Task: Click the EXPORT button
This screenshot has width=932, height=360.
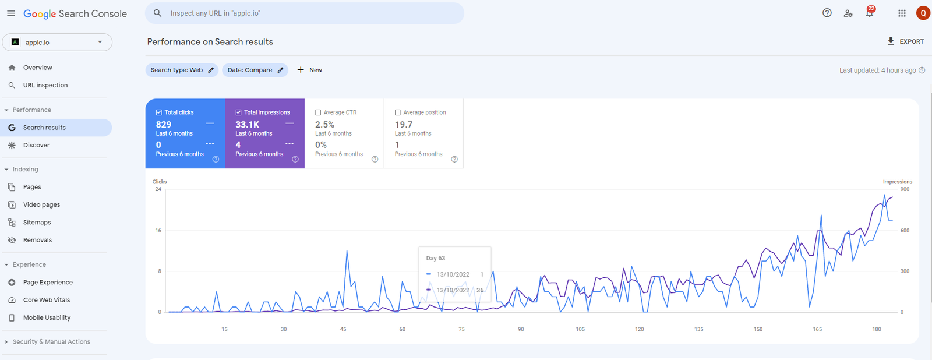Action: click(x=905, y=41)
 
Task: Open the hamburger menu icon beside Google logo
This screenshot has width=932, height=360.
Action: click(x=11, y=13)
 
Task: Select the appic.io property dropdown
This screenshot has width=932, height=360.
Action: click(x=57, y=42)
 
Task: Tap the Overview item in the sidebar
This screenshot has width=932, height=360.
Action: click(x=37, y=68)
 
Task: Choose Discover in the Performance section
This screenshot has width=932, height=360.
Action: click(x=36, y=145)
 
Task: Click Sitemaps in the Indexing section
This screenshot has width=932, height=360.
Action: click(x=37, y=223)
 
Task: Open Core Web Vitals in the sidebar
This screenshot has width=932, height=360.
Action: click(x=46, y=300)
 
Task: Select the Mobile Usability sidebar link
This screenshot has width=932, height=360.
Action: click(x=47, y=317)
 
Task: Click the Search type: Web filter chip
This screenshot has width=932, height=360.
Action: click(x=182, y=70)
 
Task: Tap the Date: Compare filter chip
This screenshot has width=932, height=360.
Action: click(x=255, y=70)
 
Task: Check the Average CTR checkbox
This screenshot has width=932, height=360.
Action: click(x=318, y=112)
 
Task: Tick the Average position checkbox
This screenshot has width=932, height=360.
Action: click(x=398, y=112)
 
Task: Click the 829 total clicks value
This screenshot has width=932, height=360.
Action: click(x=164, y=125)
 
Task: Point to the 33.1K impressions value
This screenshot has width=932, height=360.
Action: click(x=247, y=125)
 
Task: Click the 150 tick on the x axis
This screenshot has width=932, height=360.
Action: click(x=758, y=329)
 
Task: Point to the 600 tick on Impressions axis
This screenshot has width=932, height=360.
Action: click(x=905, y=231)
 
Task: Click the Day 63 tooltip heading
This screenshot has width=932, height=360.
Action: click(x=436, y=258)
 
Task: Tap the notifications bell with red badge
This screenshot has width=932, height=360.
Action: click(x=869, y=13)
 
